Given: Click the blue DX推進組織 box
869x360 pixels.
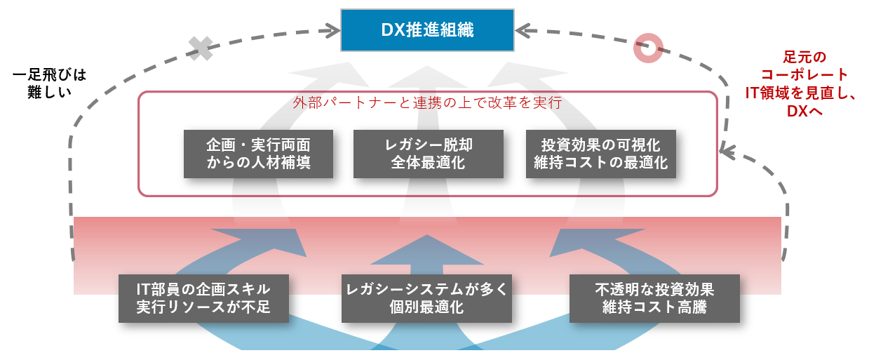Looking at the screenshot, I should pyautogui.click(x=427, y=30).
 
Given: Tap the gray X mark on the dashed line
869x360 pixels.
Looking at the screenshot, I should pyautogui.click(x=201, y=47).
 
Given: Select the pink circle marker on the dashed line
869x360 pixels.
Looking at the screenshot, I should pyautogui.click(x=647, y=48).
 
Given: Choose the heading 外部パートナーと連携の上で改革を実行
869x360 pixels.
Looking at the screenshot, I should pyautogui.click(x=427, y=102).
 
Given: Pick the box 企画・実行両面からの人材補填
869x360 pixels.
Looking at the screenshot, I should pyautogui.click(x=258, y=154).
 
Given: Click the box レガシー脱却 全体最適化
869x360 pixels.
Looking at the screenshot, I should pyautogui.click(x=428, y=154).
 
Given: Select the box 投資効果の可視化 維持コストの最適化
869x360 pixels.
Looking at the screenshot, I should pyautogui.click(x=600, y=154).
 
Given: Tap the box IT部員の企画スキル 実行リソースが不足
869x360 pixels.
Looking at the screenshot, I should pyautogui.click(x=203, y=298).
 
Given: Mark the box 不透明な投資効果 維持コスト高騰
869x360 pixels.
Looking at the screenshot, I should pyautogui.click(x=654, y=298).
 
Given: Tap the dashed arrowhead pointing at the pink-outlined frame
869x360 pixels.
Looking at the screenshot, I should pyautogui.click(x=727, y=149).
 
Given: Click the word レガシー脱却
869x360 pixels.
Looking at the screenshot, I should pyautogui.click(x=428, y=145).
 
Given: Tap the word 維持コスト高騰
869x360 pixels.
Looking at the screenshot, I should pyautogui.click(x=654, y=307).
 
